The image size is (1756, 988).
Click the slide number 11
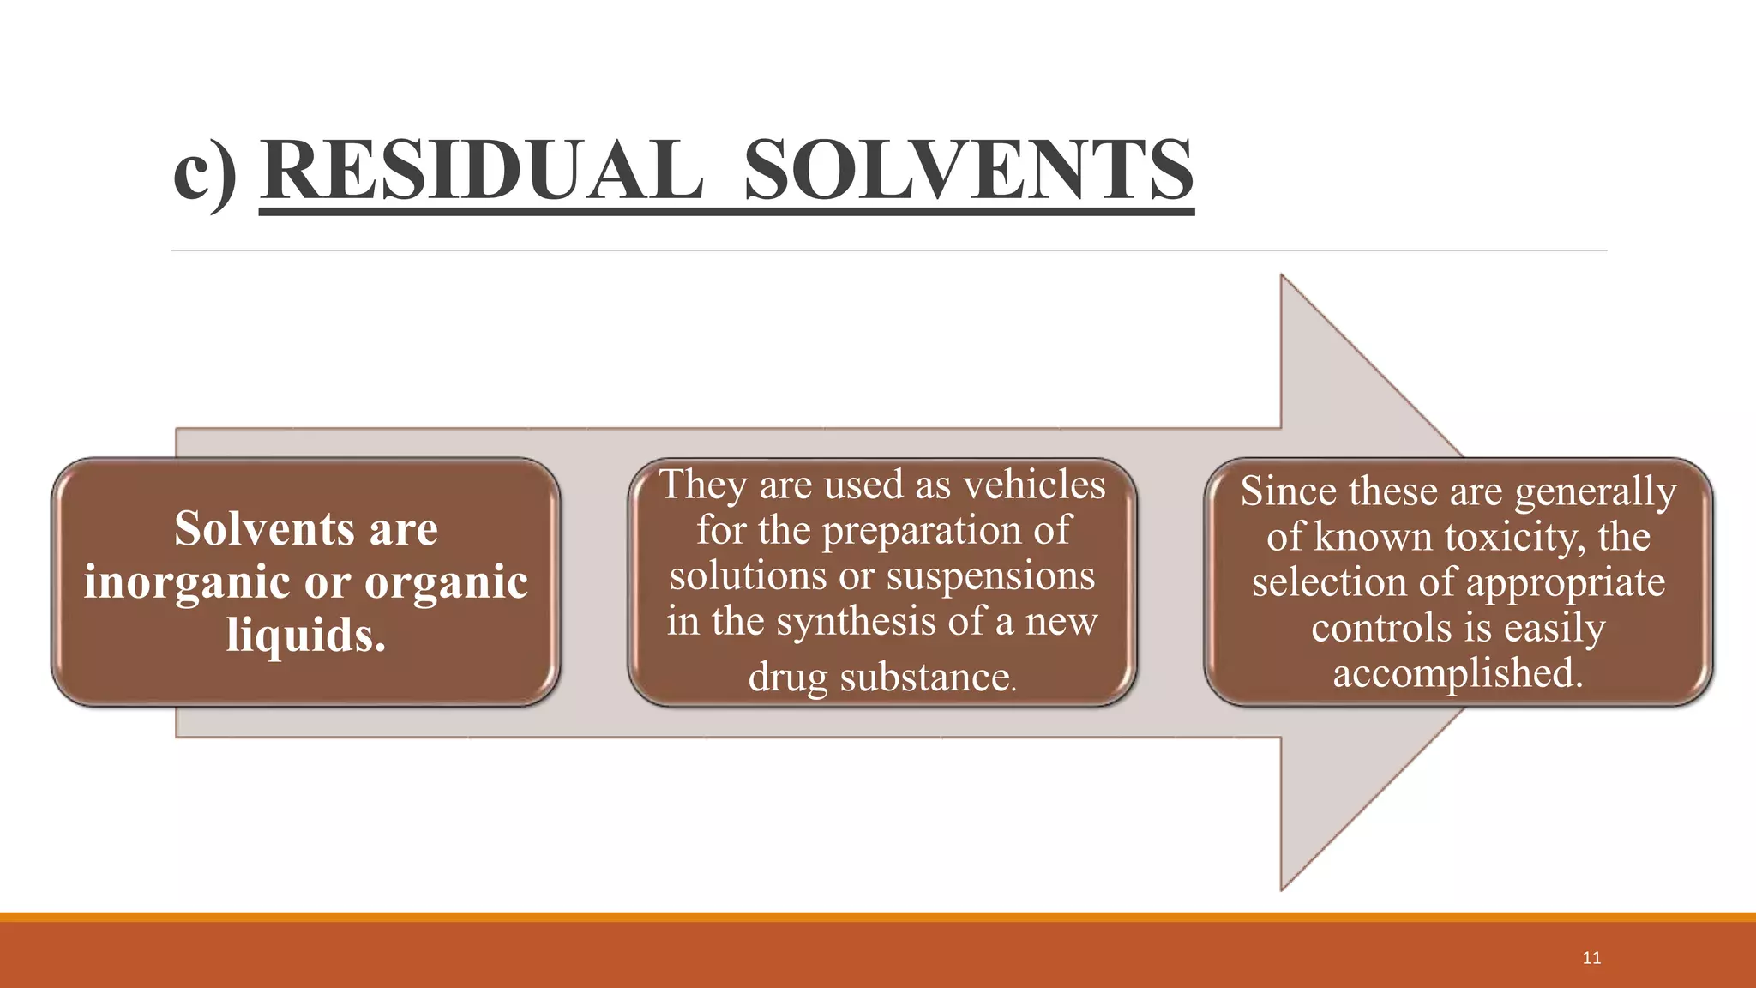[1591, 958]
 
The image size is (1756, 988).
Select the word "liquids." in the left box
[306, 635]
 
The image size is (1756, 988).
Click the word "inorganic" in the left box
[187, 582]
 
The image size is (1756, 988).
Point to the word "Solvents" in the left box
[264, 528]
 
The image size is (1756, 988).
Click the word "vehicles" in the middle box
[1034, 485]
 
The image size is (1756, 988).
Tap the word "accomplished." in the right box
[1458, 672]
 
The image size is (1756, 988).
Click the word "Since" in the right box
[1289, 491]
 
